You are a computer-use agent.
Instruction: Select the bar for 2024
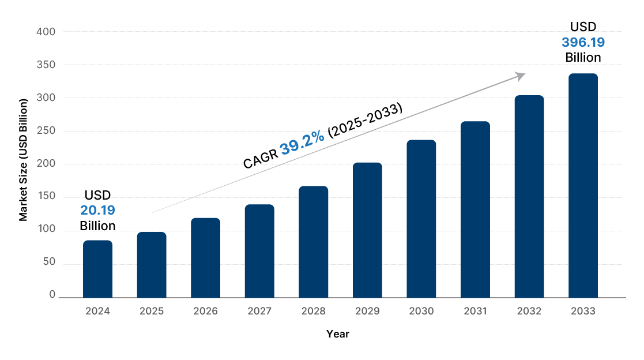pos(97,269)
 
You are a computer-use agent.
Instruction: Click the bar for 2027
pos(259,251)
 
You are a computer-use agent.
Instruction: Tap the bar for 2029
pos(367,230)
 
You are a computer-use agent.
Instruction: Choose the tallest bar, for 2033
pos(583,186)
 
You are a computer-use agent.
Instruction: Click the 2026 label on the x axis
pos(205,311)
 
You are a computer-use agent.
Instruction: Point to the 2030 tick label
pos(421,311)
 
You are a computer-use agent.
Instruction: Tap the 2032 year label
pos(529,311)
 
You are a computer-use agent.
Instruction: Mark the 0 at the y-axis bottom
pos(52,294)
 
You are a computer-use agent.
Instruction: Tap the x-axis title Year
pos(337,333)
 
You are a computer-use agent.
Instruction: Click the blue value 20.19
pos(97,210)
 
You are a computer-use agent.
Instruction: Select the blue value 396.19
pos(583,42)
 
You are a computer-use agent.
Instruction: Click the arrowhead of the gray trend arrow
pos(521,76)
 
